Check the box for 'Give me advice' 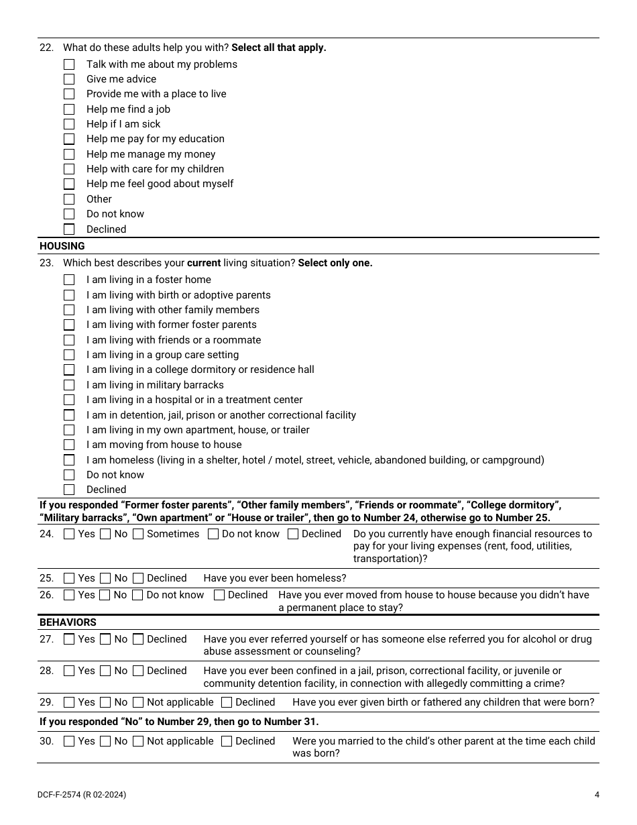[69, 79]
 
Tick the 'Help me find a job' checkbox [69, 109]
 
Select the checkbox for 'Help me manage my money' [69, 154]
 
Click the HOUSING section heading [62, 246]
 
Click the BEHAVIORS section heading [68, 622]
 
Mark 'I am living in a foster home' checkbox [69, 280]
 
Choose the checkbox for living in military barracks [69, 385]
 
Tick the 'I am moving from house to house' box [69, 445]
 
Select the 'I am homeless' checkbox [69, 460]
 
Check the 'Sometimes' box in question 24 [138, 534]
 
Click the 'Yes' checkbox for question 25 [69, 578]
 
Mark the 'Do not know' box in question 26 [137, 595]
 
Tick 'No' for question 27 [105, 639]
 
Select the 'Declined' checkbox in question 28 [138, 671]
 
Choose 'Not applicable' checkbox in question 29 [138, 702]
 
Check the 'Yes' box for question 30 [69, 741]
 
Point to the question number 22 [46, 48]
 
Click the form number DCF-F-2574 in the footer [60, 795]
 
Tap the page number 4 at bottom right [597, 795]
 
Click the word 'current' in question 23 [204, 263]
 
